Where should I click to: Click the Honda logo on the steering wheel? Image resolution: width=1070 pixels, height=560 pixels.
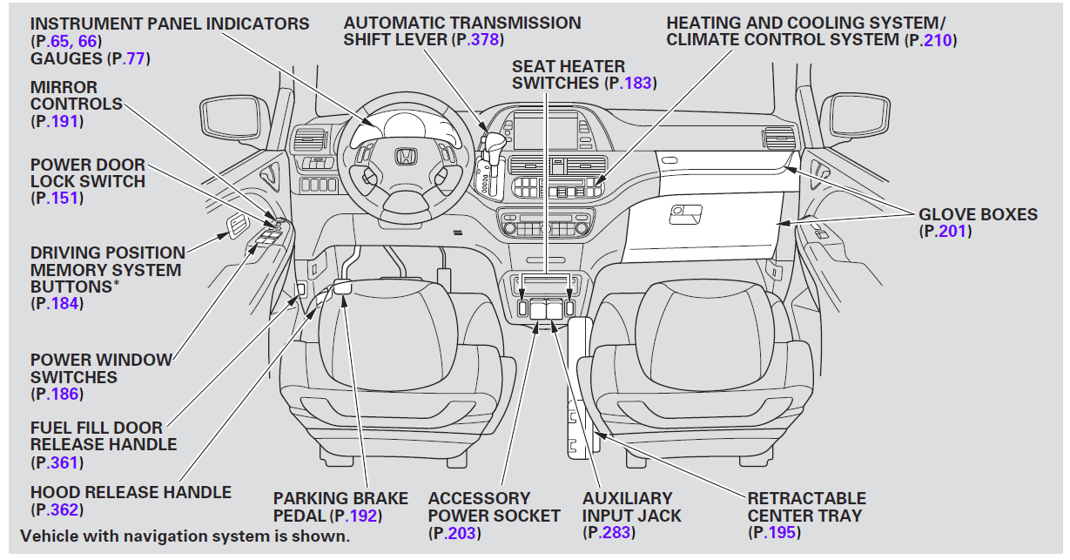pyautogui.click(x=404, y=157)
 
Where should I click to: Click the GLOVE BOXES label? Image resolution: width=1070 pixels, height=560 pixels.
pyautogui.click(x=978, y=214)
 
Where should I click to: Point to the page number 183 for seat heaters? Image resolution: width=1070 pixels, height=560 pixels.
pyautogui.click(x=638, y=83)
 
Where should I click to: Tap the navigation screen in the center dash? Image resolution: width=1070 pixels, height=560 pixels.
pyautogui.click(x=545, y=131)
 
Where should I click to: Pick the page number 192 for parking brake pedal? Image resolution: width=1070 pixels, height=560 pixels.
pyautogui.click(x=364, y=516)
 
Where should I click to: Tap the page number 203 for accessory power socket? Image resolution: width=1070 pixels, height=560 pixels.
pyautogui.click(x=461, y=532)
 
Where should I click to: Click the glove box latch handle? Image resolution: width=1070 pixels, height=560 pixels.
pyautogui.click(x=687, y=211)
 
